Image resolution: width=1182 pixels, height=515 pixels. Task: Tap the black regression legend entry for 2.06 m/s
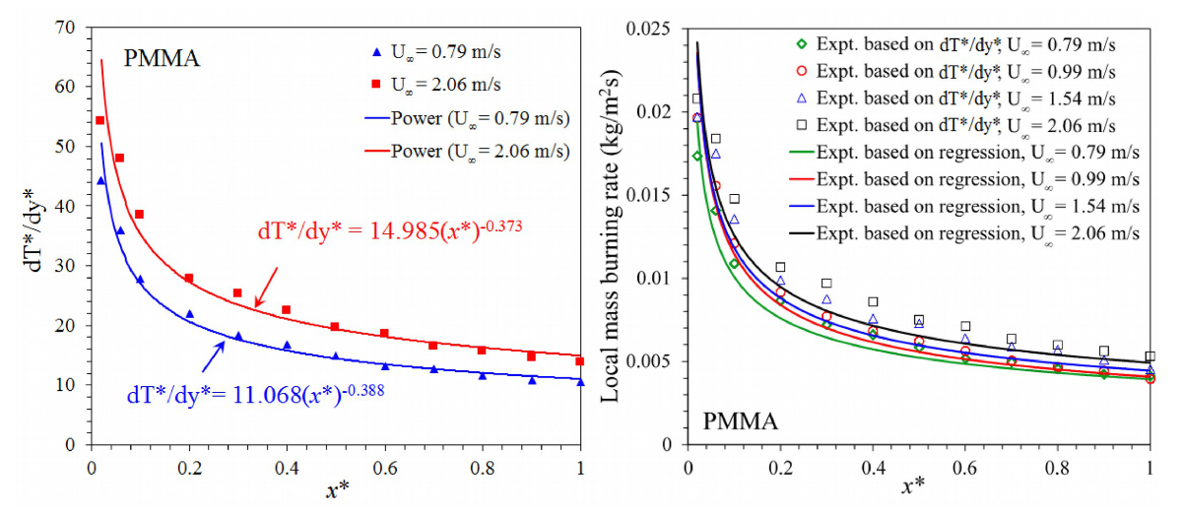tap(965, 233)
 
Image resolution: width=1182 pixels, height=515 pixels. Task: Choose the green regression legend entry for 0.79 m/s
tap(965, 153)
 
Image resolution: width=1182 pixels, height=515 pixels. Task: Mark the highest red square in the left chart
tap(99, 120)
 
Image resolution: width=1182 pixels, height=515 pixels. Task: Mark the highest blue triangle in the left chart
tap(100, 180)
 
